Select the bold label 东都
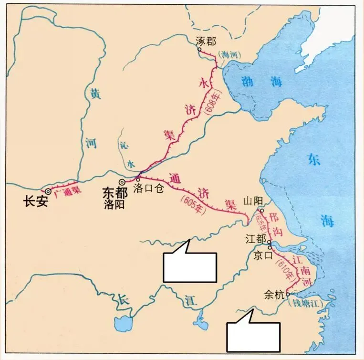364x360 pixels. tap(114, 192)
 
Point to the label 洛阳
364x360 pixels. tap(114, 204)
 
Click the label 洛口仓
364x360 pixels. tap(149, 189)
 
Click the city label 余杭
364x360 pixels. tap(273, 295)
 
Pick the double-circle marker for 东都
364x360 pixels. tap(122, 182)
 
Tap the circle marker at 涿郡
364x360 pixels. tap(199, 49)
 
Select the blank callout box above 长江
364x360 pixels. tap(189, 266)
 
